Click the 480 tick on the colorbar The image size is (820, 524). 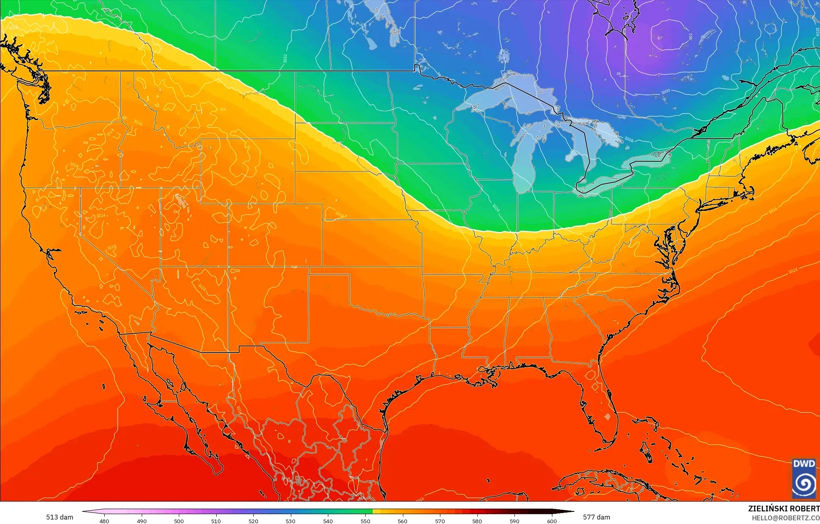(x=104, y=521)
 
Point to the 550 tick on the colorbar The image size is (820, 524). (x=365, y=521)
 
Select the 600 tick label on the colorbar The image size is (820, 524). (x=552, y=521)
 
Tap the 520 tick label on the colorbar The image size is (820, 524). (x=253, y=521)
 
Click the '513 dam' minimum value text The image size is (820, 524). (x=59, y=517)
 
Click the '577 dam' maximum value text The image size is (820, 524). (x=596, y=517)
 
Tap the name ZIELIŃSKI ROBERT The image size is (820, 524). (x=783, y=509)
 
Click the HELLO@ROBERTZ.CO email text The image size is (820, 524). (x=785, y=517)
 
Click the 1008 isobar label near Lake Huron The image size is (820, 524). (x=629, y=140)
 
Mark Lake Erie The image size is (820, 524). (x=603, y=182)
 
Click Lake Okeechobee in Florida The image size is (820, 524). (x=607, y=417)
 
